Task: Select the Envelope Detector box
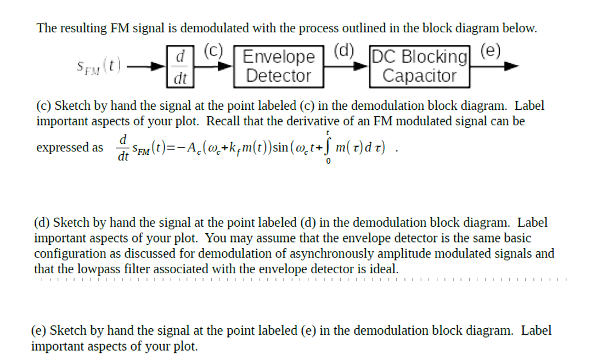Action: pos(278,66)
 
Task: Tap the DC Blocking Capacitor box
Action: pos(420,66)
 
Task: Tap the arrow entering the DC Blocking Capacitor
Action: pos(346,67)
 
